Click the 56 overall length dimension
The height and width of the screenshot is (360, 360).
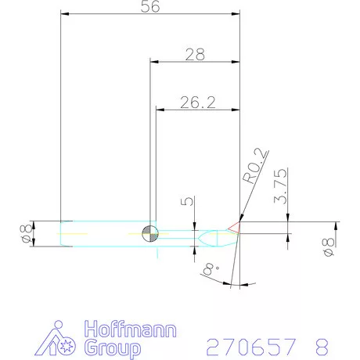click(x=149, y=7)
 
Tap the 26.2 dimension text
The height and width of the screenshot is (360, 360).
click(x=198, y=102)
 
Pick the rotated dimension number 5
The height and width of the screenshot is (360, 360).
click(x=185, y=202)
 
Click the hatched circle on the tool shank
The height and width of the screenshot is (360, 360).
click(x=150, y=232)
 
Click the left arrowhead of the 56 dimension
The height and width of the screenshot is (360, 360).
click(x=64, y=14)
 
